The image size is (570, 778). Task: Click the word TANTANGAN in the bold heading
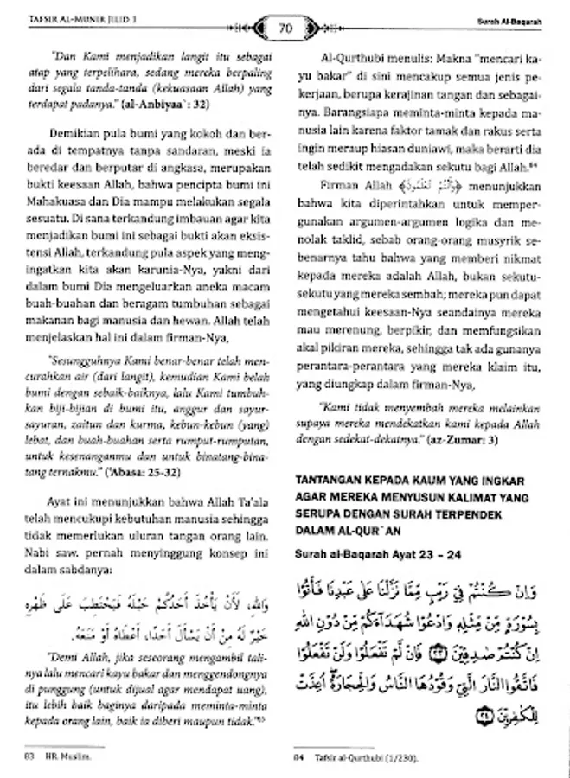point(328,478)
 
